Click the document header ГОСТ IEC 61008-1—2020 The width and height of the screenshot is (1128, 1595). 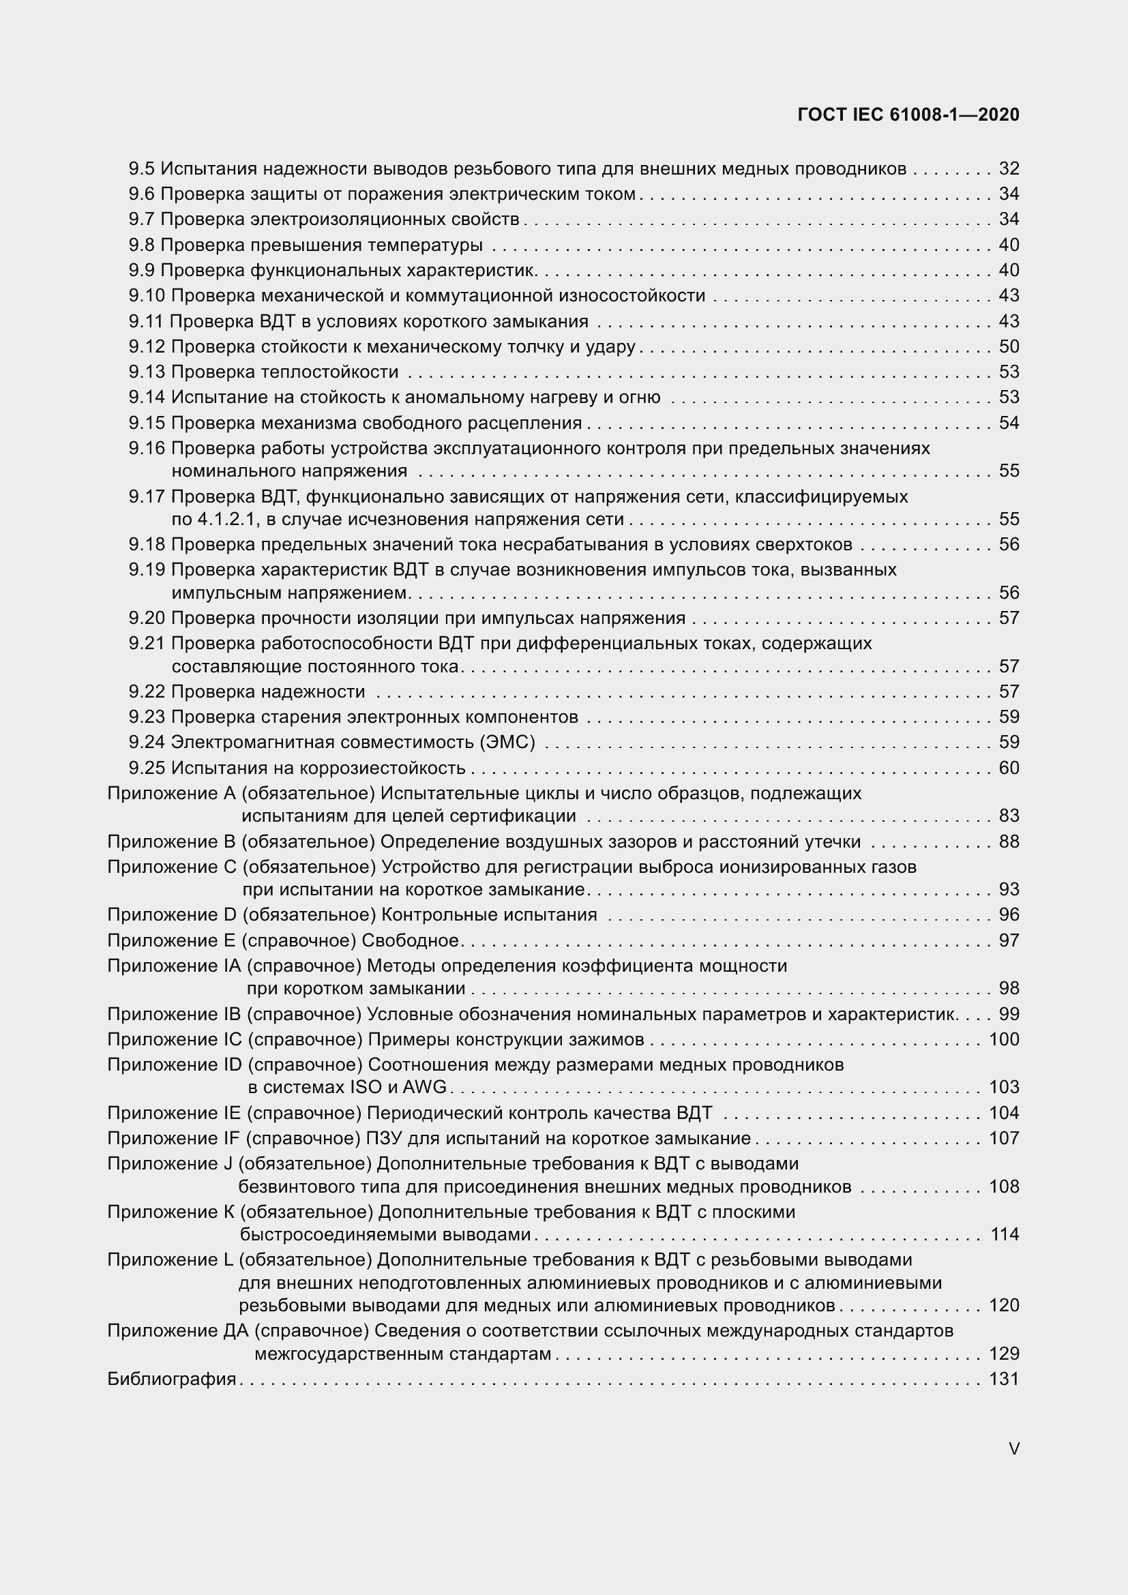point(908,115)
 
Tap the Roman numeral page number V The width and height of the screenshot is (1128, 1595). point(1013,1449)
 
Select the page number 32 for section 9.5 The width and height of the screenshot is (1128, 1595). point(1009,169)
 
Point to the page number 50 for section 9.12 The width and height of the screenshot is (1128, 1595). point(1009,346)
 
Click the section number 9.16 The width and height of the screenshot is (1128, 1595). point(147,449)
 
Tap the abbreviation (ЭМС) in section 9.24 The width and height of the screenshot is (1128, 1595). point(507,743)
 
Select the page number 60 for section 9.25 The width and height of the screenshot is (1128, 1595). point(1009,769)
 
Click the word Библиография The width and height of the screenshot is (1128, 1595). point(172,1379)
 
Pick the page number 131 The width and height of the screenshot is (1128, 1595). point(1004,1379)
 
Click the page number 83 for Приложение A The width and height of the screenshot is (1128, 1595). point(1009,816)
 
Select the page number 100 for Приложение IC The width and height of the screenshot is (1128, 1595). point(1004,1040)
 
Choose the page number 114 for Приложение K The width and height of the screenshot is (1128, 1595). point(1005,1234)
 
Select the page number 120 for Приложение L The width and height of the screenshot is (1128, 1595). point(1004,1305)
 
